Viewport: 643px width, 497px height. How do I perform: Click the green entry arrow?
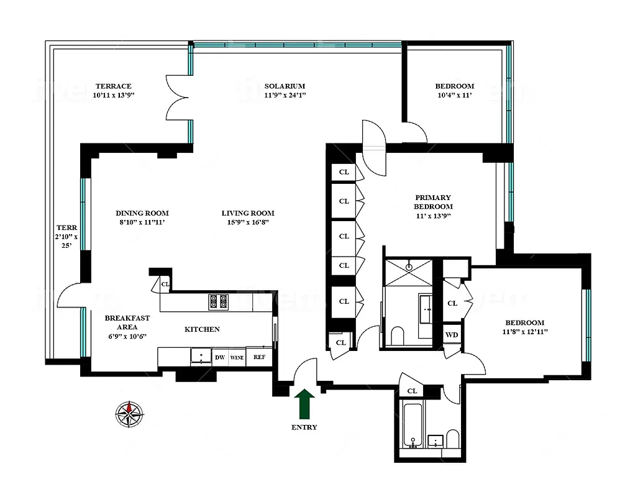pyautogui.click(x=304, y=404)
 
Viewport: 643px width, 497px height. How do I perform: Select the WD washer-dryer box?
pyautogui.click(x=451, y=335)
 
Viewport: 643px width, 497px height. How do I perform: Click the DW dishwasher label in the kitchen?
pyautogui.click(x=219, y=357)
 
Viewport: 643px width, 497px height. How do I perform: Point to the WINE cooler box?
pyautogui.click(x=237, y=357)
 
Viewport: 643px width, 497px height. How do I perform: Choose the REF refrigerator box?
pyautogui.click(x=258, y=357)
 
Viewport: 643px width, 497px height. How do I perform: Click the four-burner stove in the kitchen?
pyautogui.click(x=218, y=301)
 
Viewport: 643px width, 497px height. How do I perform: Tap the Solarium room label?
pyautogui.click(x=285, y=86)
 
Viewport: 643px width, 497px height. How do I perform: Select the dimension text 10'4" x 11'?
pyautogui.click(x=454, y=96)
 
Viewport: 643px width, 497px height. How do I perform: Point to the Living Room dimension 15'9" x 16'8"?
pyautogui.click(x=248, y=222)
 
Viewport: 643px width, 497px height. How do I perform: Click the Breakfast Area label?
pyautogui.click(x=127, y=322)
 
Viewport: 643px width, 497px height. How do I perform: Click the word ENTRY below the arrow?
pyautogui.click(x=304, y=427)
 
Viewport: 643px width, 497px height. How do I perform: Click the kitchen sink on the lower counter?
pyautogui.click(x=200, y=356)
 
